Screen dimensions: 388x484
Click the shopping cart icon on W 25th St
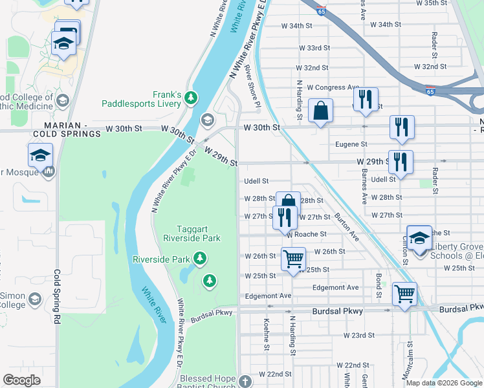[x=293, y=259]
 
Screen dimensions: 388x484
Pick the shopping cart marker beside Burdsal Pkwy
[x=404, y=294]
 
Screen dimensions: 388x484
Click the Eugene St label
[x=351, y=144]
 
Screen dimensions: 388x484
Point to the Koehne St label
[x=267, y=335]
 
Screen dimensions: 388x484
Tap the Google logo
[x=21, y=380]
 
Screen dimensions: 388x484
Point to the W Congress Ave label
[x=333, y=87]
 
